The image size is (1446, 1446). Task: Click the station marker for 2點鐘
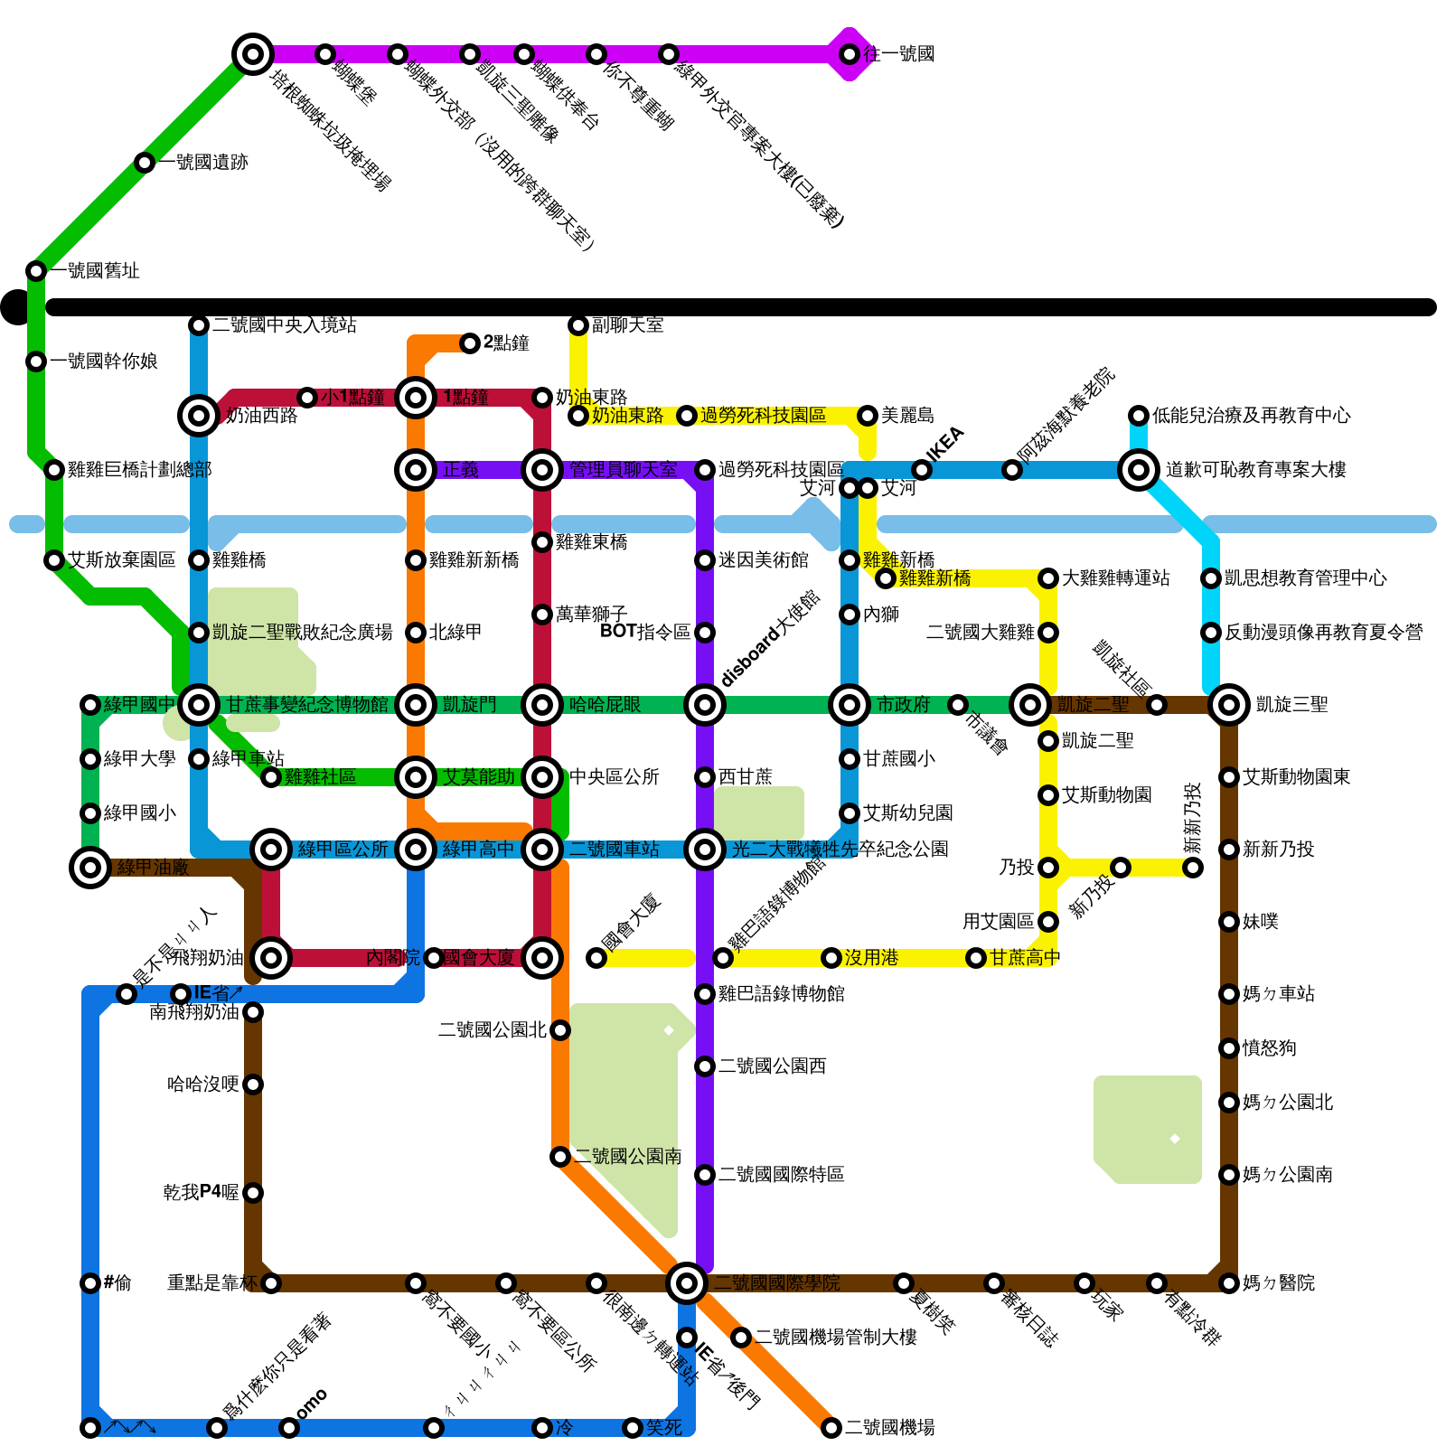tap(470, 343)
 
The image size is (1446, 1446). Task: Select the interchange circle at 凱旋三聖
tap(1229, 705)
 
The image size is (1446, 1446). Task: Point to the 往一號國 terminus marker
tap(850, 54)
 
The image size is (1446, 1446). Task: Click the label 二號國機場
tap(889, 1428)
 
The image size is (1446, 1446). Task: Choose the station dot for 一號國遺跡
tap(145, 163)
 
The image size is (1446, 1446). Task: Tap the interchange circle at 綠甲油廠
tap(90, 868)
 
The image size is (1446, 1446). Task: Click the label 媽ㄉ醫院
tap(1278, 1283)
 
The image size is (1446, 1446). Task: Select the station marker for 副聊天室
tap(578, 325)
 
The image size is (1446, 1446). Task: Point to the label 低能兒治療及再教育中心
tap(1251, 416)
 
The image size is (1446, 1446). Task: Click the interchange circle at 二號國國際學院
tap(687, 1283)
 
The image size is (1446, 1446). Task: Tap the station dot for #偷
tap(90, 1283)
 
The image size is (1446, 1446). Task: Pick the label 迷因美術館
tap(763, 560)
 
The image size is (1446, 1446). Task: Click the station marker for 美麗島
tap(868, 416)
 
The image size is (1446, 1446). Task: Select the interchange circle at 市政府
tap(850, 705)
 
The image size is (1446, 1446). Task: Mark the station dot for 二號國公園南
tap(560, 1157)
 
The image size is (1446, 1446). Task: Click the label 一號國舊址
tap(95, 271)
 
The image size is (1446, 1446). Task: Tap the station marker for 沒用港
tap(831, 958)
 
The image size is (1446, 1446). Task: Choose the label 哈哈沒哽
tap(203, 1084)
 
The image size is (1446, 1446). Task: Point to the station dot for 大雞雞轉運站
tap(1048, 578)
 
